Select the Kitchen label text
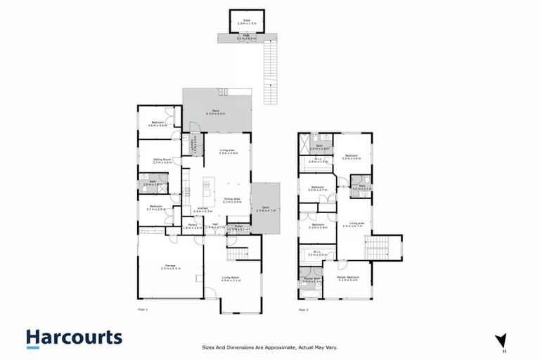tap(202, 210)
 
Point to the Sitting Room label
tap(163, 160)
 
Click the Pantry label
tap(192, 226)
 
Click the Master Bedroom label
tap(348, 278)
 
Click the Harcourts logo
tap(75, 337)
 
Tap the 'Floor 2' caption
tap(304, 309)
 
